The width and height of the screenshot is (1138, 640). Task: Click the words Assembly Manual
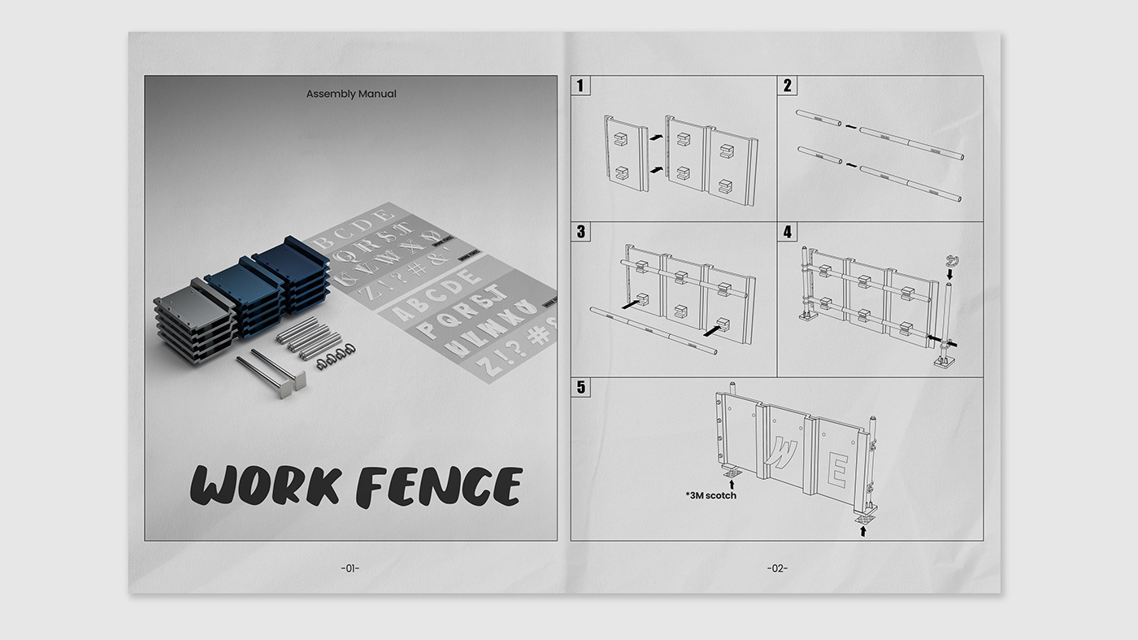click(x=351, y=94)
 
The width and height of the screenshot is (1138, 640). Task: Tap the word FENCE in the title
click(x=439, y=486)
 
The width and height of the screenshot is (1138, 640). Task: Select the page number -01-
click(x=350, y=568)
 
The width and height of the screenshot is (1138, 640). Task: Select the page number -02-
click(x=776, y=568)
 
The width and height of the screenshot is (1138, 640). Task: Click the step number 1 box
click(x=580, y=85)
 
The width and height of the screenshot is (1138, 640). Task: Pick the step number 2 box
click(x=787, y=85)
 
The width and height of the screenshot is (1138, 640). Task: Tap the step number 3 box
click(x=580, y=232)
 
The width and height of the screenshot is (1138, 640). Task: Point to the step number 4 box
click(x=787, y=232)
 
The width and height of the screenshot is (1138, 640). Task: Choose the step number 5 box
click(x=580, y=387)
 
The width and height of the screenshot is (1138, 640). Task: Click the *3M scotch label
click(x=710, y=494)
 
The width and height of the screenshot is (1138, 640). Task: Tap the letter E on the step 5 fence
click(x=839, y=470)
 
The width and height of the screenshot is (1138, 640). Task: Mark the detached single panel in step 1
click(x=625, y=153)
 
